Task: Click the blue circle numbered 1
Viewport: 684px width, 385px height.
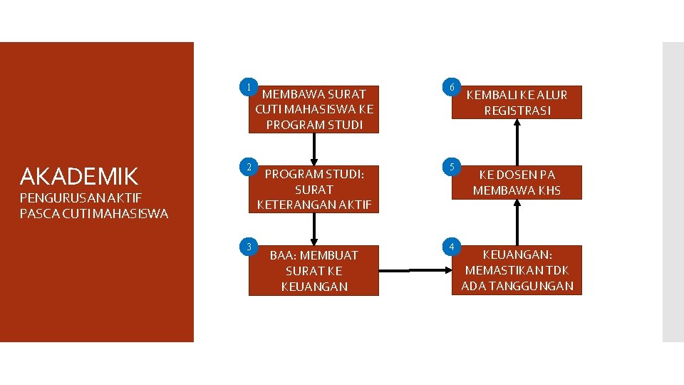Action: tap(248, 86)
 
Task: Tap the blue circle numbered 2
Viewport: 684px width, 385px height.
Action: tap(248, 167)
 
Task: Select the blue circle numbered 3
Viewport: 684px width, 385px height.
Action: tap(248, 247)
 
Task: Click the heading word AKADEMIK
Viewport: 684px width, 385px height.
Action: tap(79, 176)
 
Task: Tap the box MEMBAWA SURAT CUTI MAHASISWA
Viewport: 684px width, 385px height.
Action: tap(314, 109)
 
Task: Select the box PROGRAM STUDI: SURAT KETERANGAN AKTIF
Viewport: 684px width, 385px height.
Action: tap(314, 190)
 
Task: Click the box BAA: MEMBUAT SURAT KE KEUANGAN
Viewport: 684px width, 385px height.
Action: tap(314, 271)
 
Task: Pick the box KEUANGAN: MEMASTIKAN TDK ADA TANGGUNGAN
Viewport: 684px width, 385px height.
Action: tap(517, 270)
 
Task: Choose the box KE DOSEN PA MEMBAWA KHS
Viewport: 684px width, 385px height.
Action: tap(517, 183)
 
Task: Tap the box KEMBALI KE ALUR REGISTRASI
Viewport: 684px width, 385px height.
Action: tap(517, 103)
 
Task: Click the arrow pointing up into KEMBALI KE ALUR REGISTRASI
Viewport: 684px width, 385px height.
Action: tap(517, 141)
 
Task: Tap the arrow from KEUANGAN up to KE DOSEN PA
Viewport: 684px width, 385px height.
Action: tap(517, 221)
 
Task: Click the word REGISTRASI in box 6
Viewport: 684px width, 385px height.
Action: tap(517, 111)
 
